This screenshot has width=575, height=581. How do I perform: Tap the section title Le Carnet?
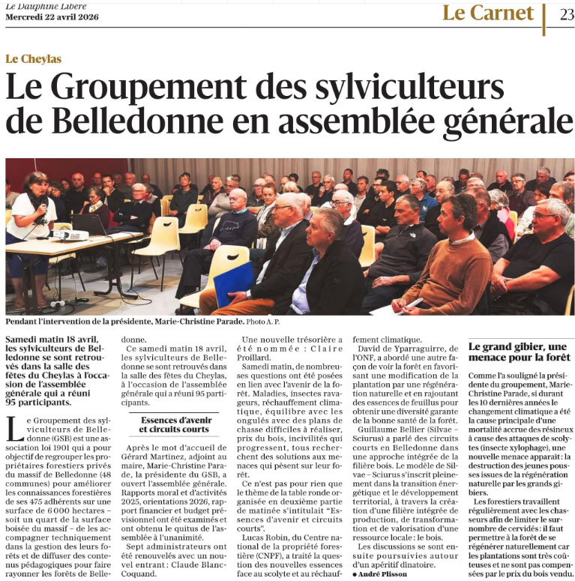coord(487,13)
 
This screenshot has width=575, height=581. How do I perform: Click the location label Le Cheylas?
coord(32,58)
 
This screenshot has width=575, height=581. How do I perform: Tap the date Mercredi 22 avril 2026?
coord(49,18)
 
